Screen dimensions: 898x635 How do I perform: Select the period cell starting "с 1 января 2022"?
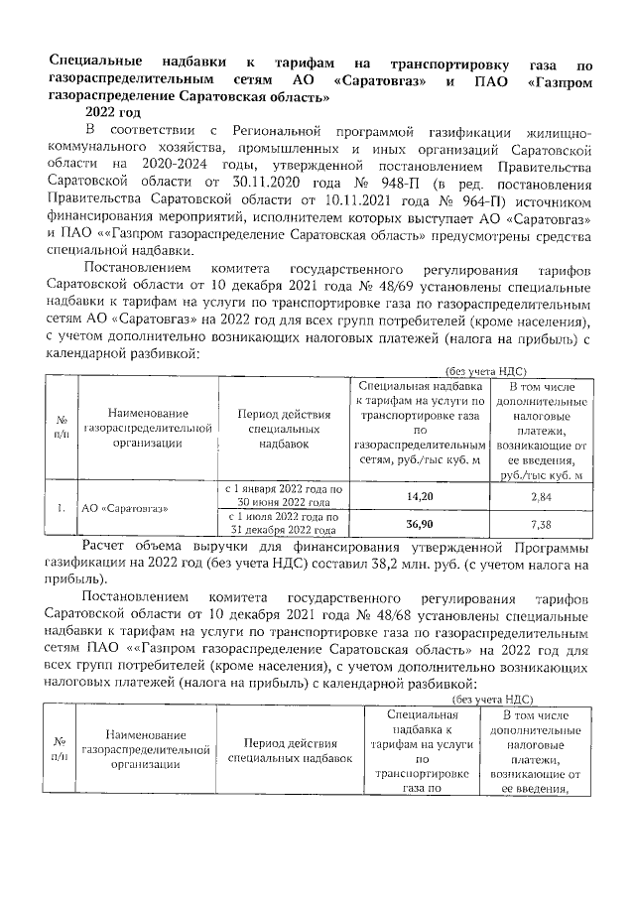coord(284,494)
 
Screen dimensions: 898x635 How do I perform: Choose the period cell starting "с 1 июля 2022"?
coord(284,523)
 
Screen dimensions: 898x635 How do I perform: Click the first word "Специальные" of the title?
coord(93,61)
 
